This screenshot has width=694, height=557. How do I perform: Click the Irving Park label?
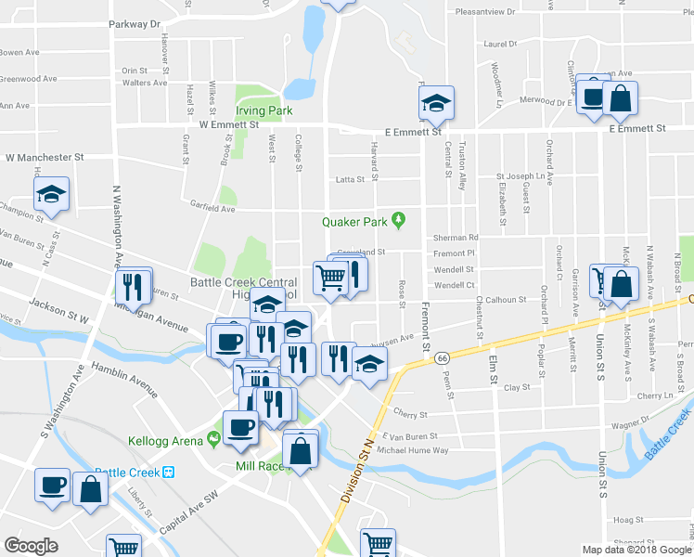coord(263,110)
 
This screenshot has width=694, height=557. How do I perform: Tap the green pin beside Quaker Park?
coord(399,221)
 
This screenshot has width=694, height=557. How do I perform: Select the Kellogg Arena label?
coord(165,441)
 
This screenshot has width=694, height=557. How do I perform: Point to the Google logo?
coord(31,546)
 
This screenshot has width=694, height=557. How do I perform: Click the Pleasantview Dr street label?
coord(498,12)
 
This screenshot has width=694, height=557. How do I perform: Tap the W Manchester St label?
coord(45,158)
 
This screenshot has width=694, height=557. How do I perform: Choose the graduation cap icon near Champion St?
coord(52,195)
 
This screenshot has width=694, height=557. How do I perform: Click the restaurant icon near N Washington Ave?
coord(132,288)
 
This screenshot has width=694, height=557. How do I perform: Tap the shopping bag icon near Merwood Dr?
coord(620,97)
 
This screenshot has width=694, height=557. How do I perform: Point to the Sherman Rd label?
coord(455,238)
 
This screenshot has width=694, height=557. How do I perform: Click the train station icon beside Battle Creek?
coord(169,472)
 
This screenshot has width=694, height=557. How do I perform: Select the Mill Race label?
coord(259,466)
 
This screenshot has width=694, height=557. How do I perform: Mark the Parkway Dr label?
coord(135,24)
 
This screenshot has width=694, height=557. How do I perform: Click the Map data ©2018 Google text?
coord(636,550)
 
